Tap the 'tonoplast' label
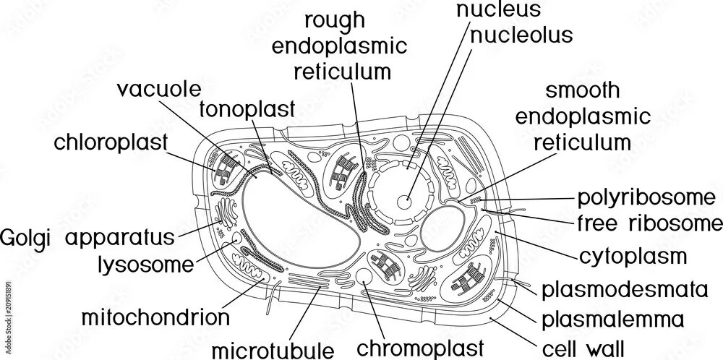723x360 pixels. pos(247,110)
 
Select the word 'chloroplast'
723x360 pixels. pos(111,141)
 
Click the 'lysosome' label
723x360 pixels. pos(146,264)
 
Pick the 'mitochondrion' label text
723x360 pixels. pos(155,317)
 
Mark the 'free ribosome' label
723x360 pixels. pos(646,223)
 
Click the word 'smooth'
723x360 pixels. pos(582,90)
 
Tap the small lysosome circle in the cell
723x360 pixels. pos(236,238)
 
